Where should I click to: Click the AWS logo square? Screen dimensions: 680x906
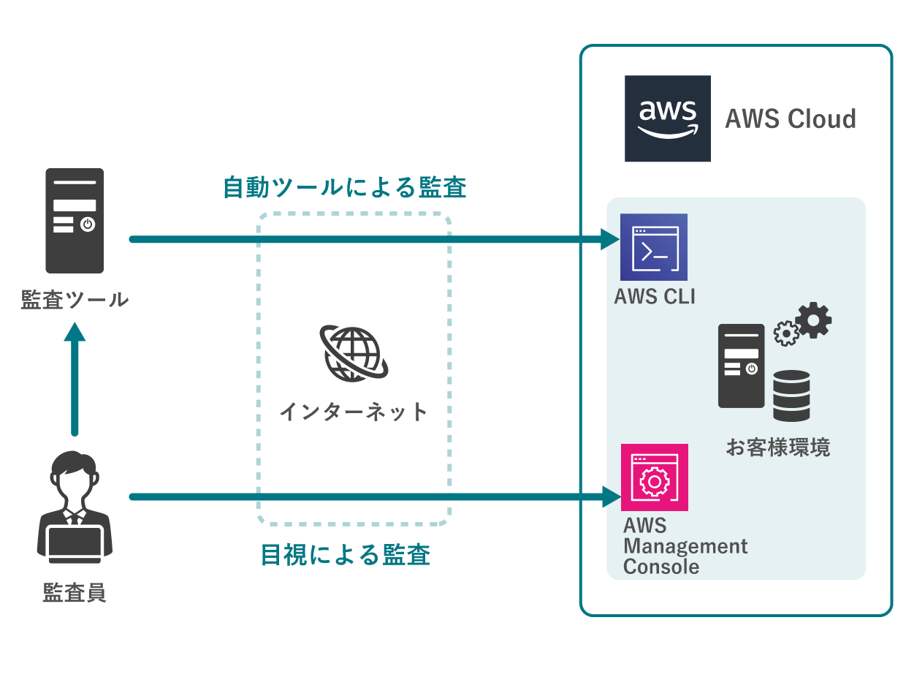[x=667, y=118]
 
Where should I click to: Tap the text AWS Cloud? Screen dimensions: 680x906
[x=790, y=119]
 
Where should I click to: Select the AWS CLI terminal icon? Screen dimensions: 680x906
[x=654, y=247]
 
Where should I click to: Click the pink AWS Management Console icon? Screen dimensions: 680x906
[x=654, y=478]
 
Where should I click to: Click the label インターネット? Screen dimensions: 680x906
[x=353, y=412]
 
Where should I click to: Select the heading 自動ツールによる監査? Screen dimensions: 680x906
[x=344, y=188]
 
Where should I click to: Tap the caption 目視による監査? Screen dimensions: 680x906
[x=345, y=555]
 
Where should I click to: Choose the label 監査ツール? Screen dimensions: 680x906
[x=75, y=299]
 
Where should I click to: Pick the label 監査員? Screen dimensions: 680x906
[x=75, y=592]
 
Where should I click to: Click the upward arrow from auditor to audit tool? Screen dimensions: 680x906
[x=75, y=380]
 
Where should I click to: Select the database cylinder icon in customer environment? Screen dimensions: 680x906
[x=791, y=396]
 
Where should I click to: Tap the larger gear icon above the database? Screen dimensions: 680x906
[x=813, y=320]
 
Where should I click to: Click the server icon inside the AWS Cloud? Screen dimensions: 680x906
[x=741, y=366]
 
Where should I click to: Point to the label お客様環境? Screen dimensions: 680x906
[x=777, y=447]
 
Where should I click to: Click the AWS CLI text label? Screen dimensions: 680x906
[x=655, y=296]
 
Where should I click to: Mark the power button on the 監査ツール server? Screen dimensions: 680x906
[x=88, y=224]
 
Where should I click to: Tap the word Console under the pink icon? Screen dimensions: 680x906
[x=661, y=566]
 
